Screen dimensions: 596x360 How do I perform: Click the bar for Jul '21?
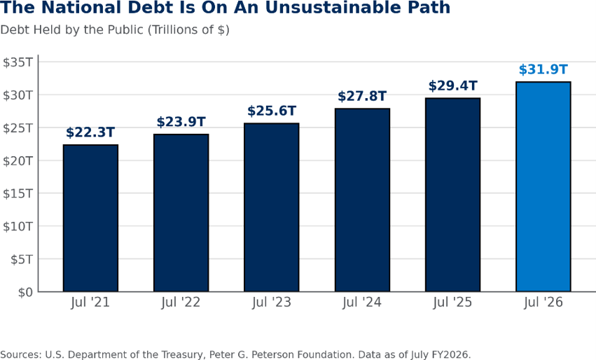tap(90, 219)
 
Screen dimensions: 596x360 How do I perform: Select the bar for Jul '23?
tap(272, 207)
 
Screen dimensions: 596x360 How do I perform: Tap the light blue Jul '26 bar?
tap(543, 186)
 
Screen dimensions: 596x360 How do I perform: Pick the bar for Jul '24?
tap(362, 200)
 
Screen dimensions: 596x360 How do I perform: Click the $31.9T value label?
tap(543, 69)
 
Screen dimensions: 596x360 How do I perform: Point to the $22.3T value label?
tap(90, 132)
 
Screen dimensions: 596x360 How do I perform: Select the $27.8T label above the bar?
tap(362, 96)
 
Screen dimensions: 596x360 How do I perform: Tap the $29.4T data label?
tap(452, 85)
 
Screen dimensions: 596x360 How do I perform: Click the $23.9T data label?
tap(181, 122)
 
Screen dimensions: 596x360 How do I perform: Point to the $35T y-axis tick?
tap(18, 62)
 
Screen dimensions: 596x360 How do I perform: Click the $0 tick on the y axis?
tap(25, 292)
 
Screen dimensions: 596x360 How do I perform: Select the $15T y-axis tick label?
tap(18, 193)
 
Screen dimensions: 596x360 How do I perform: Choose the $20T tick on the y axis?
tap(18, 161)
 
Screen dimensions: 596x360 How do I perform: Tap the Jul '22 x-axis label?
tap(181, 302)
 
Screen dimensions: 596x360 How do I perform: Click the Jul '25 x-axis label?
tap(452, 302)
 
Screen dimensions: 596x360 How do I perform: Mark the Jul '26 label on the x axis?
tap(543, 302)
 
